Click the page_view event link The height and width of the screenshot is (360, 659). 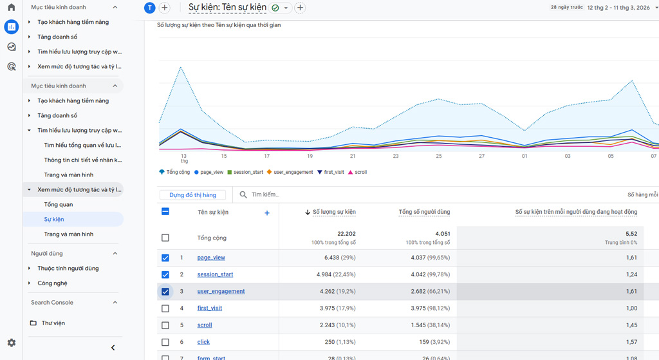click(x=211, y=258)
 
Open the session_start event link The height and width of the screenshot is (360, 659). click(x=215, y=274)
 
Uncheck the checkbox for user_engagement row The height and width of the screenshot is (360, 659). click(x=165, y=291)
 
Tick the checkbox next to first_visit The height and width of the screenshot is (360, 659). click(x=165, y=308)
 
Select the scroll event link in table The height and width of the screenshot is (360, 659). click(x=205, y=325)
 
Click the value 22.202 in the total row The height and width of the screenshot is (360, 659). click(x=346, y=234)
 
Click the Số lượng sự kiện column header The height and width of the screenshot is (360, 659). click(x=333, y=212)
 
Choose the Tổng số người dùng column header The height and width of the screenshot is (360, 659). click(x=424, y=212)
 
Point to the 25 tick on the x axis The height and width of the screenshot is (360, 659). click(x=439, y=156)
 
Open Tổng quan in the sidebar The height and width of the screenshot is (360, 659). click(x=59, y=205)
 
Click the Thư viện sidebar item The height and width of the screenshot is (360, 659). click(x=53, y=323)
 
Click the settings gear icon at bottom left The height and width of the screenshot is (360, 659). click(x=11, y=343)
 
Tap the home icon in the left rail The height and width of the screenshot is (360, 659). click(x=11, y=7)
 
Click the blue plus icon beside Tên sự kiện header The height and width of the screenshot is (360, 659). click(x=267, y=213)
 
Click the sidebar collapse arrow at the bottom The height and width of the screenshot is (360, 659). click(x=113, y=348)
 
